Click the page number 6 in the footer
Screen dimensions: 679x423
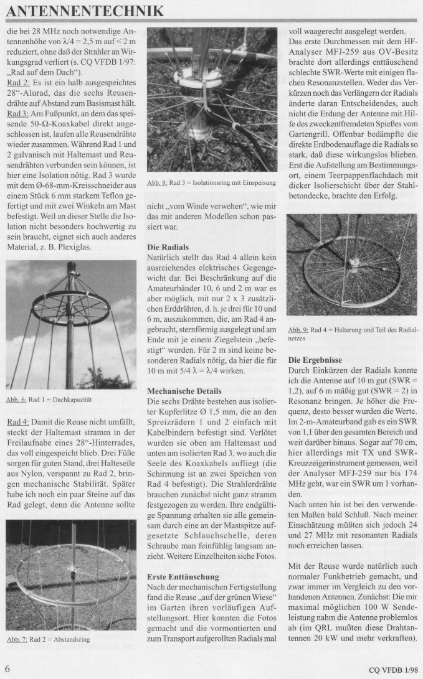(7, 670)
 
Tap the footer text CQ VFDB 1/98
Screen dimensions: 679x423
(385, 670)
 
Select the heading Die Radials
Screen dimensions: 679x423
(168, 247)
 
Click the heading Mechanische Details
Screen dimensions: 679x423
(184, 391)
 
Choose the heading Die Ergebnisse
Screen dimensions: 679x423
(316, 359)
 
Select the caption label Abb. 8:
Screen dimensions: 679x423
(156, 182)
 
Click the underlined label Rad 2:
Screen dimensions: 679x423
(17, 83)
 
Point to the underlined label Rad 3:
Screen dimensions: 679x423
(17, 113)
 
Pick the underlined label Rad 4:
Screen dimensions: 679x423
(17, 422)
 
